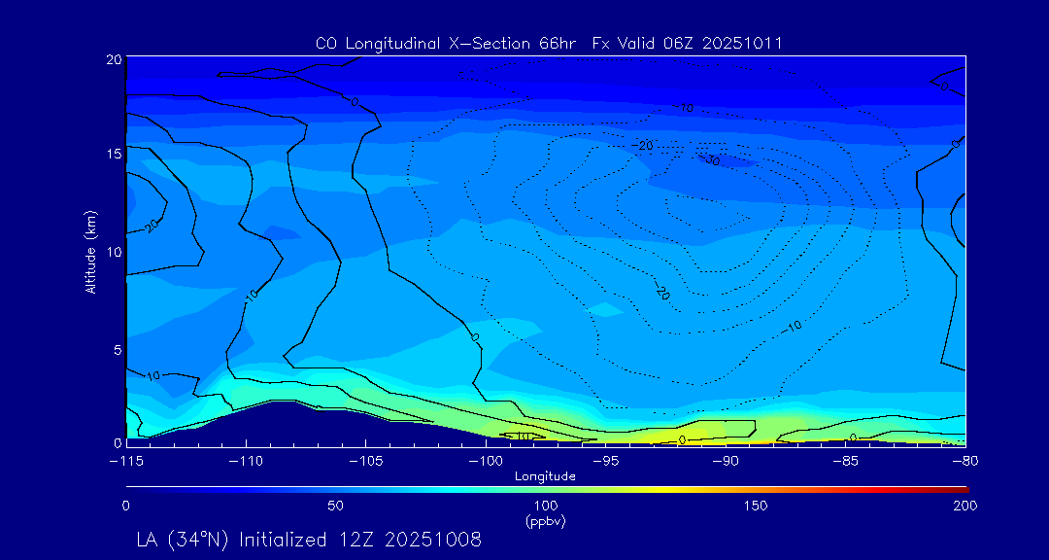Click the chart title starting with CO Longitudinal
click(x=549, y=43)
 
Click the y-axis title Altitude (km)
click(x=90, y=252)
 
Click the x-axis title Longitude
click(x=545, y=476)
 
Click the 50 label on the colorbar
click(x=335, y=506)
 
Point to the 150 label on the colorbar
click(x=755, y=506)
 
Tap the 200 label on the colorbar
click(x=964, y=506)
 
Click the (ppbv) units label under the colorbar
click(x=545, y=521)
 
